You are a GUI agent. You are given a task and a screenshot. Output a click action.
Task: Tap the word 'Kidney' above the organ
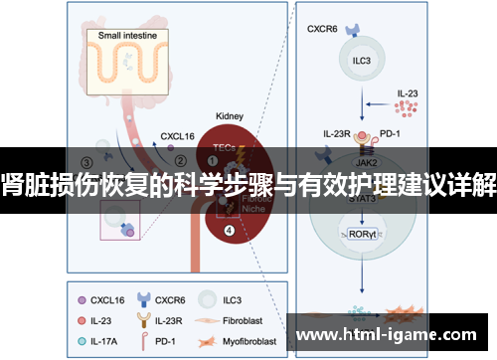[x=230, y=115]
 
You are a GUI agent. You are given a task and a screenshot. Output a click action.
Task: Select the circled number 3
[x=86, y=160]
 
